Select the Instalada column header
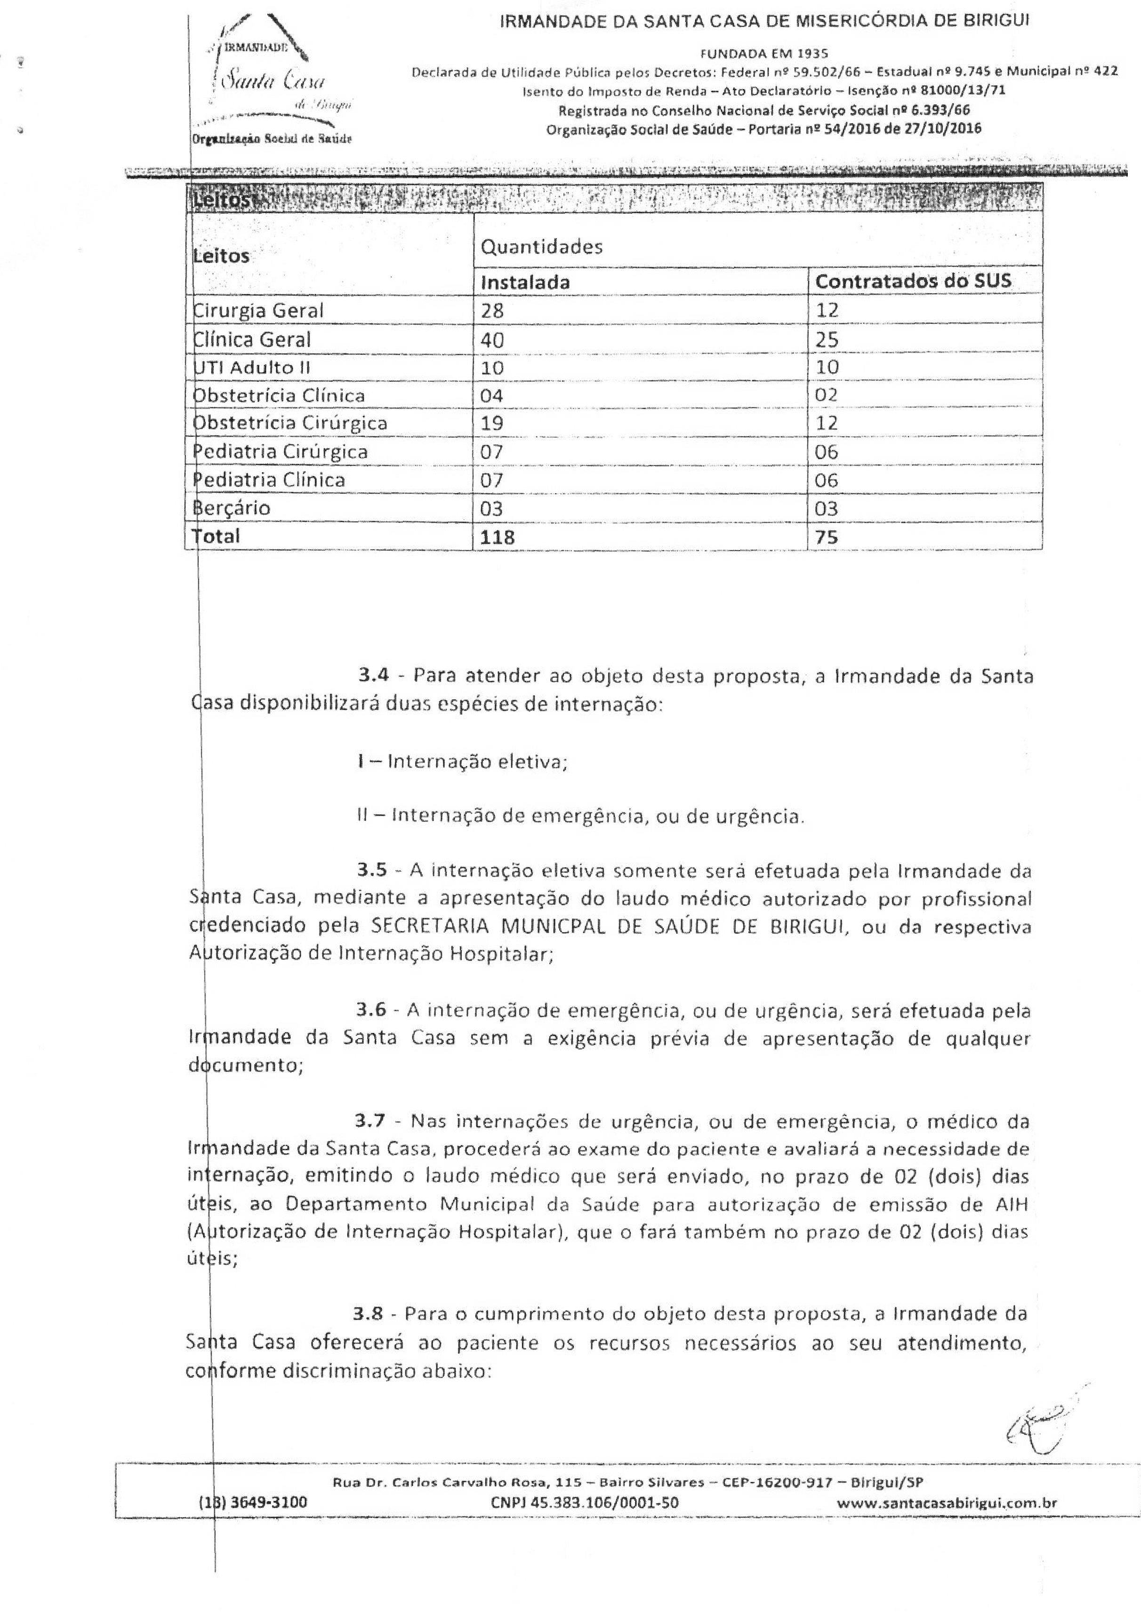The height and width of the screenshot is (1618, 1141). point(525,282)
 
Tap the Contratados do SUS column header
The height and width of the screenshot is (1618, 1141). point(913,281)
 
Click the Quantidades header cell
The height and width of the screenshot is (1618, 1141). point(541,247)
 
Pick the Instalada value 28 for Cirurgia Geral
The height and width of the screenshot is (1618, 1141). point(493,311)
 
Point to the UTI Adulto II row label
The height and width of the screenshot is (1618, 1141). point(252,367)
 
